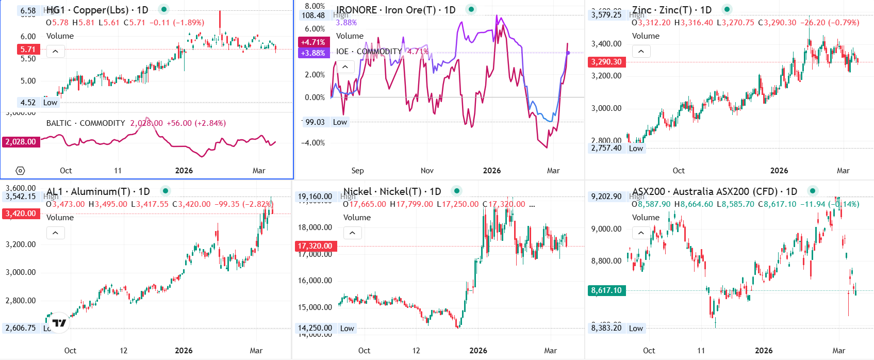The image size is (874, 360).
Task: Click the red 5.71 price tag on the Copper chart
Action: (x=28, y=50)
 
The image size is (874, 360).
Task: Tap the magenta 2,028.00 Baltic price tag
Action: (x=21, y=142)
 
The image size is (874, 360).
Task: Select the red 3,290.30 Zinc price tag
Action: (x=606, y=62)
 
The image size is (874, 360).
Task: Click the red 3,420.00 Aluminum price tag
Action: (x=21, y=214)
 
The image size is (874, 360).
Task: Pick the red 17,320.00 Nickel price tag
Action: (x=315, y=246)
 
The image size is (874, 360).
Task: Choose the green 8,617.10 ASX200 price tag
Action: (x=606, y=290)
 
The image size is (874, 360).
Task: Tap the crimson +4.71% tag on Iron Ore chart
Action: (x=313, y=42)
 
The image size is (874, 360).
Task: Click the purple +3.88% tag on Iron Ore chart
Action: (x=313, y=53)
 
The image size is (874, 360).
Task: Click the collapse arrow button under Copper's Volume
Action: (x=55, y=51)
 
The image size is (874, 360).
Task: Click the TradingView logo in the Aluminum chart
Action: (x=60, y=323)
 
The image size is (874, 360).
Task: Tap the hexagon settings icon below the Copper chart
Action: (x=20, y=171)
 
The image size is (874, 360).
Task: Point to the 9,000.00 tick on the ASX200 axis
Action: (x=606, y=229)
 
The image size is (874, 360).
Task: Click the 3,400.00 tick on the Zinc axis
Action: (x=606, y=44)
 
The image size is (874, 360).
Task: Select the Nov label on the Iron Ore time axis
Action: (x=427, y=171)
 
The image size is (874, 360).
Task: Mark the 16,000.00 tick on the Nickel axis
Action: (x=315, y=281)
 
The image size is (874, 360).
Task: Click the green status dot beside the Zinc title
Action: (x=727, y=9)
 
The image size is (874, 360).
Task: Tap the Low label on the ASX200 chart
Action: (x=636, y=329)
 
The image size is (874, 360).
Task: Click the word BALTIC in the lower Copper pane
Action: (x=59, y=123)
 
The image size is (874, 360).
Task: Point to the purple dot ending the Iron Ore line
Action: (x=568, y=53)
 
